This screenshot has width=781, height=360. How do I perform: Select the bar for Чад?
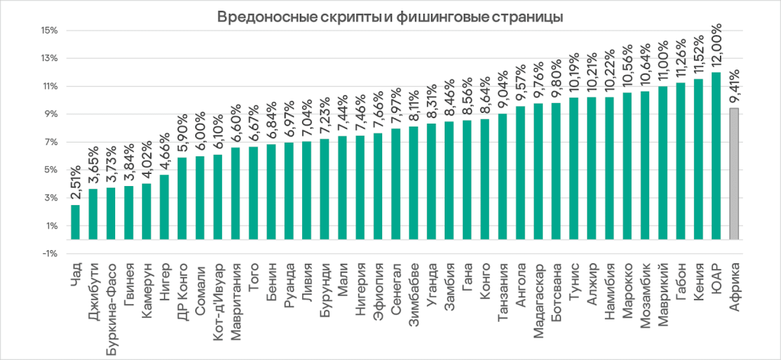point(76,222)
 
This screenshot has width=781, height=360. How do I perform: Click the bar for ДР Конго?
point(182,198)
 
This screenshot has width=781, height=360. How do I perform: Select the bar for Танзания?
point(503,176)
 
